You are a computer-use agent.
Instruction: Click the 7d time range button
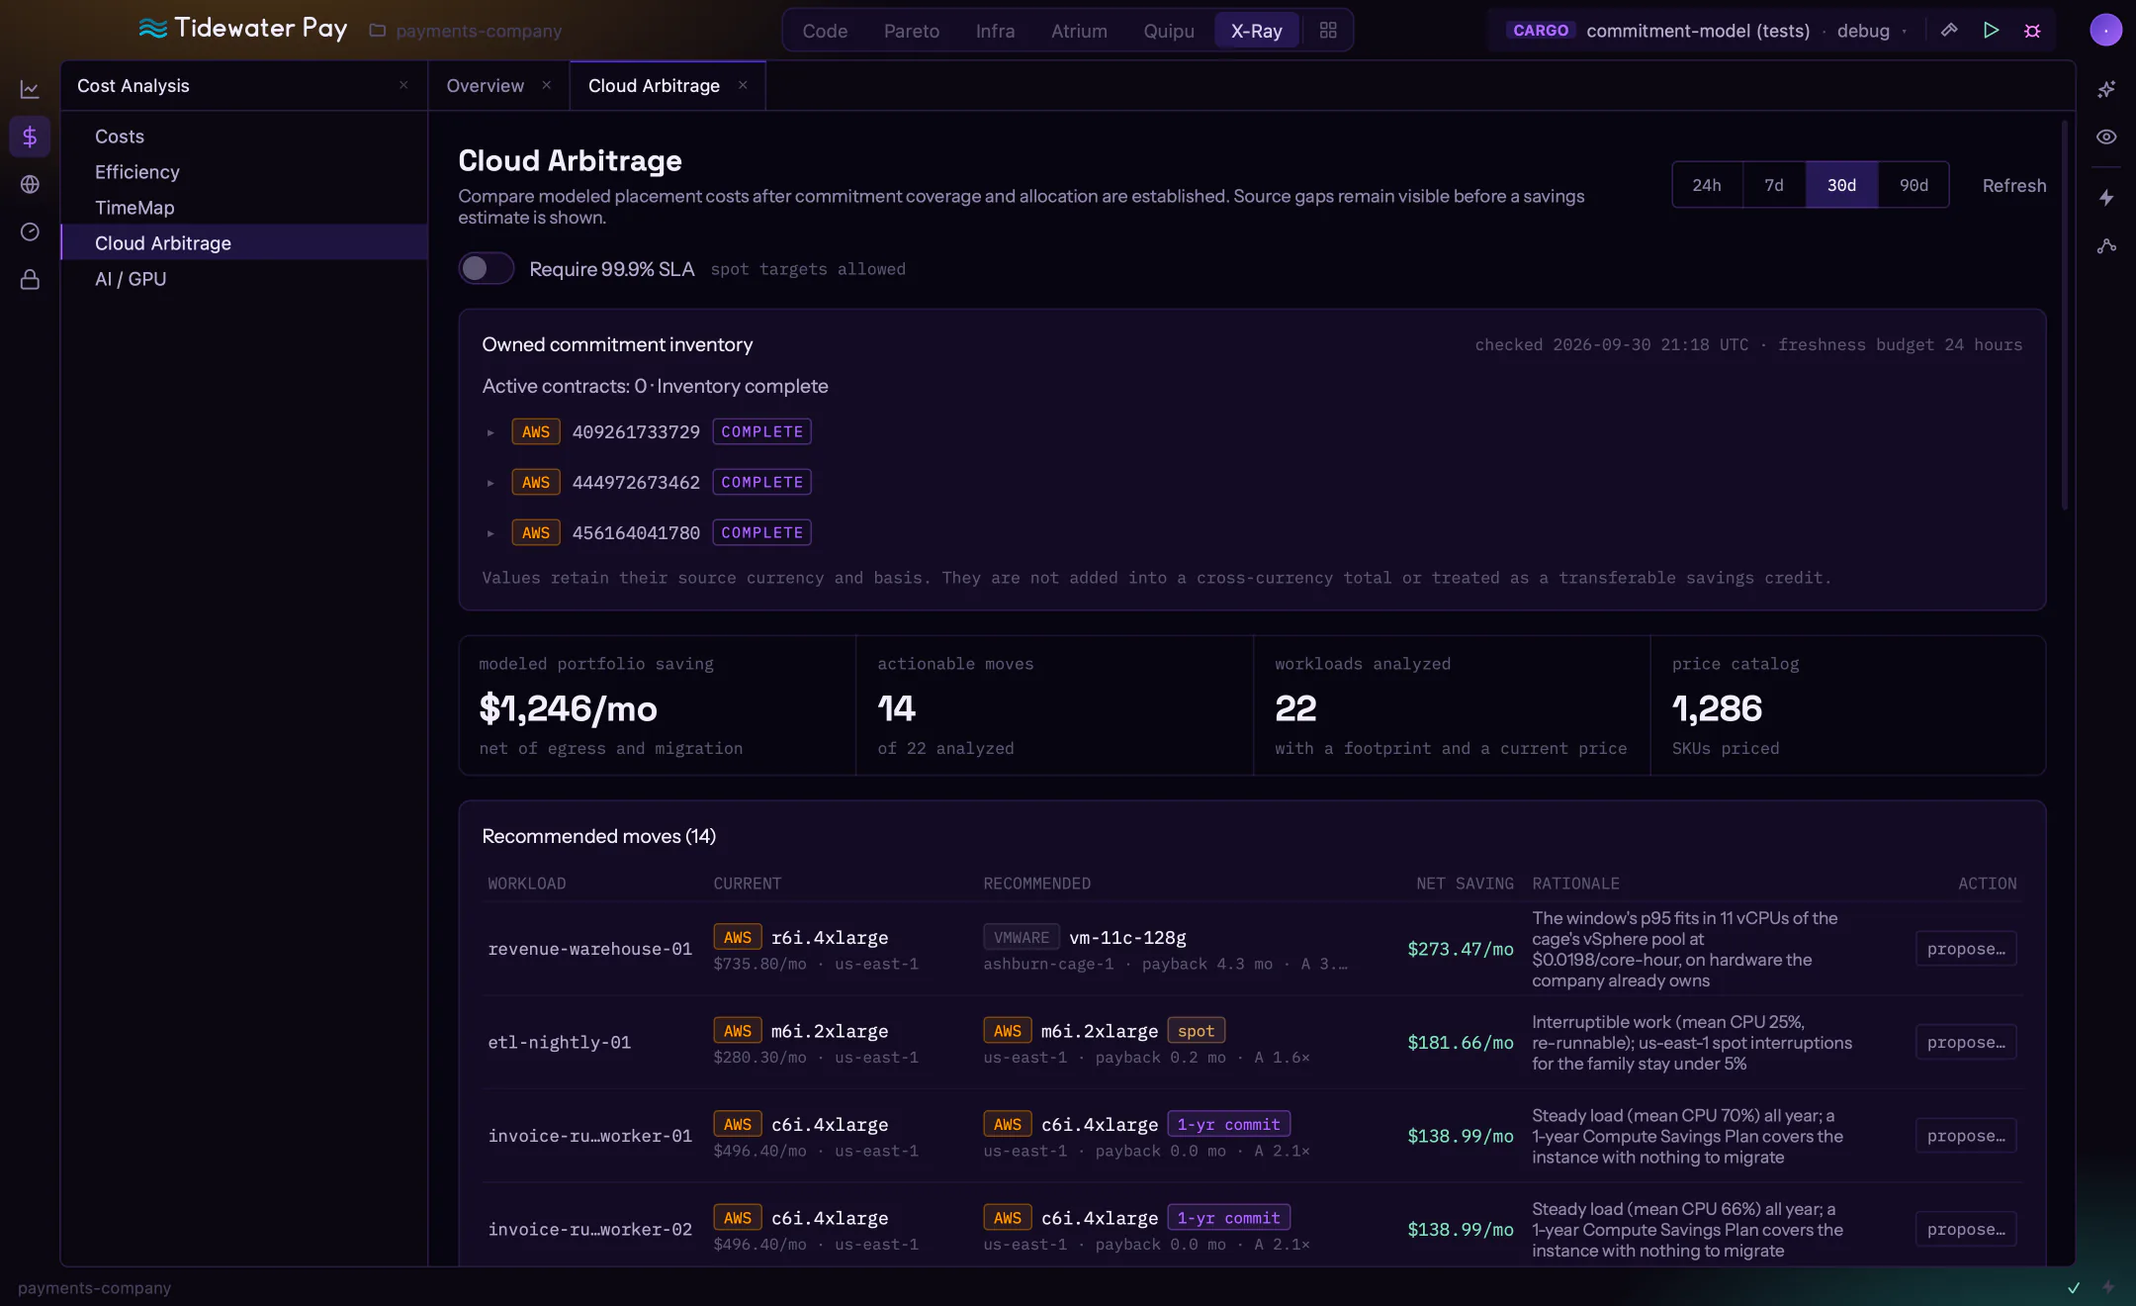click(x=1774, y=185)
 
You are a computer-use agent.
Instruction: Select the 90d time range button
click(x=1913, y=185)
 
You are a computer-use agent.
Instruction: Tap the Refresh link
click(x=2014, y=185)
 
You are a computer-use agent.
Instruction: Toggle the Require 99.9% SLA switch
click(x=486, y=268)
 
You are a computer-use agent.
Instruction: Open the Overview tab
click(x=485, y=86)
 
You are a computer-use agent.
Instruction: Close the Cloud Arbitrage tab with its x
click(x=743, y=85)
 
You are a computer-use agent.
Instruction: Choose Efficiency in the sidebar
click(x=137, y=172)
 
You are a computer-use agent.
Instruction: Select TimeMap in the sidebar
click(x=134, y=208)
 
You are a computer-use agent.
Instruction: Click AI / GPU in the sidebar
click(x=131, y=279)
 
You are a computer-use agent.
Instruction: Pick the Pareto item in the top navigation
click(x=912, y=31)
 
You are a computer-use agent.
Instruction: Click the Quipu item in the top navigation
click(x=1169, y=31)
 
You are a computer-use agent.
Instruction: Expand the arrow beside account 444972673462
click(x=490, y=483)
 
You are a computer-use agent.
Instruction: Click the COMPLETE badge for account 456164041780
click(x=761, y=532)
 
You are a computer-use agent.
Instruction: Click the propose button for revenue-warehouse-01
click(x=1966, y=949)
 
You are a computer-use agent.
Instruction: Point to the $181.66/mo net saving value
click(x=1461, y=1043)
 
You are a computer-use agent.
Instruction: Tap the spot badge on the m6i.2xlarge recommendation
click(x=1196, y=1031)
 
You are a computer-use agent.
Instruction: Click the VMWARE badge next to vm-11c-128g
click(x=1022, y=937)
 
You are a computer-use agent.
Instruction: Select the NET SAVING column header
click(x=1465, y=884)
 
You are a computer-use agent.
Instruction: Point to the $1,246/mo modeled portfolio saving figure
click(x=568, y=708)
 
